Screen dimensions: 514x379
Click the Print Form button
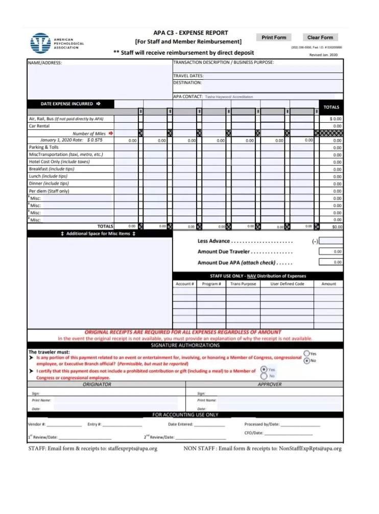(x=274, y=37)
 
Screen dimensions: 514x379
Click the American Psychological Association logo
(x=40, y=43)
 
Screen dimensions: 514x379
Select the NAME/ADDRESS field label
(x=45, y=63)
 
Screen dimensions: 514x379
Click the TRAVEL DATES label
(x=188, y=76)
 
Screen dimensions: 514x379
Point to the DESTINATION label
(x=187, y=82)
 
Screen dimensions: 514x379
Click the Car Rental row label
(x=39, y=126)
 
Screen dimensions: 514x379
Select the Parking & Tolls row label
(x=44, y=147)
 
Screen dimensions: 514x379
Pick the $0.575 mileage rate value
(x=94, y=140)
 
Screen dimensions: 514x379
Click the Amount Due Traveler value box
(x=330, y=251)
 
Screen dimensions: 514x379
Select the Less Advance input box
(x=330, y=241)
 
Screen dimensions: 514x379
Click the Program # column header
(x=211, y=284)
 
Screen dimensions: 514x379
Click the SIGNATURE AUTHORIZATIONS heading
(x=185, y=345)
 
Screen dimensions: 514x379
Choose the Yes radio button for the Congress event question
(x=306, y=353)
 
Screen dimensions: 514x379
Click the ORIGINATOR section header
(x=97, y=384)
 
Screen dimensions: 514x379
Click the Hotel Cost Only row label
(x=59, y=161)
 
